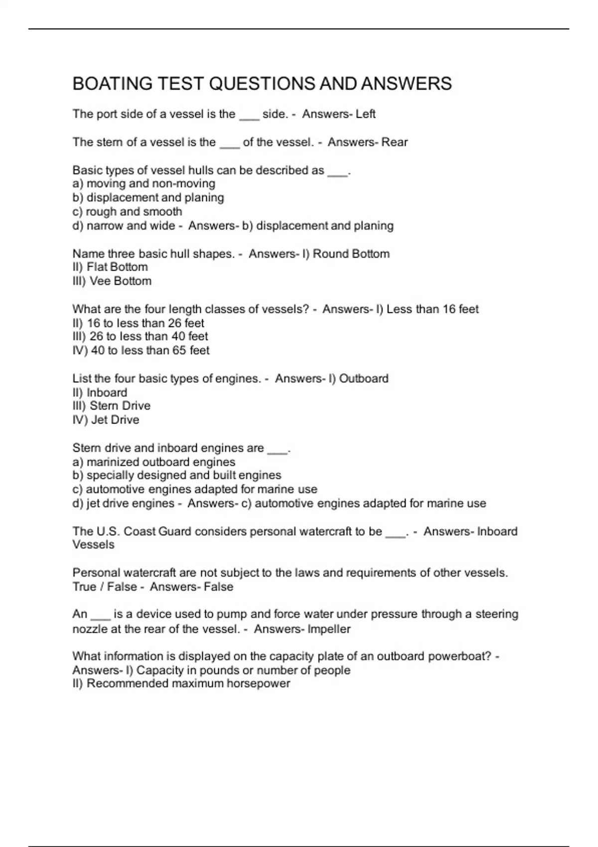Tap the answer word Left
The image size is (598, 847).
click(x=365, y=114)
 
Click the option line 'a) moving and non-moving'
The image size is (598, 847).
click(x=144, y=184)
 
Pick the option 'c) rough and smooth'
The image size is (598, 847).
click(x=127, y=212)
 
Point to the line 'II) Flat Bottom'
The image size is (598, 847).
click(x=110, y=267)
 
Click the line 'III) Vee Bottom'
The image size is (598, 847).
click(x=112, y=281)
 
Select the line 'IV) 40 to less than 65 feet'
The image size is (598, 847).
click(x=141, y=351)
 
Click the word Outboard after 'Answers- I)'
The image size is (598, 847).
click(x=363, y=379)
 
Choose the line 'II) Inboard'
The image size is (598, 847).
click(x=100, y=393)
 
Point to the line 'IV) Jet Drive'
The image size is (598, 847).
click(x=106, y=420)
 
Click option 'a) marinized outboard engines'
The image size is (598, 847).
click(x=154, y=462)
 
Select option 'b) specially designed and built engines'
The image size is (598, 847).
click(x=177, y=475)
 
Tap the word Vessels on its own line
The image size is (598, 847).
click(x=93, y=545)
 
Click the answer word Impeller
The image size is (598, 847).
click(x=329, y=629)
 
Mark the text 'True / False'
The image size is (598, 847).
click(x=105, y=587)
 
